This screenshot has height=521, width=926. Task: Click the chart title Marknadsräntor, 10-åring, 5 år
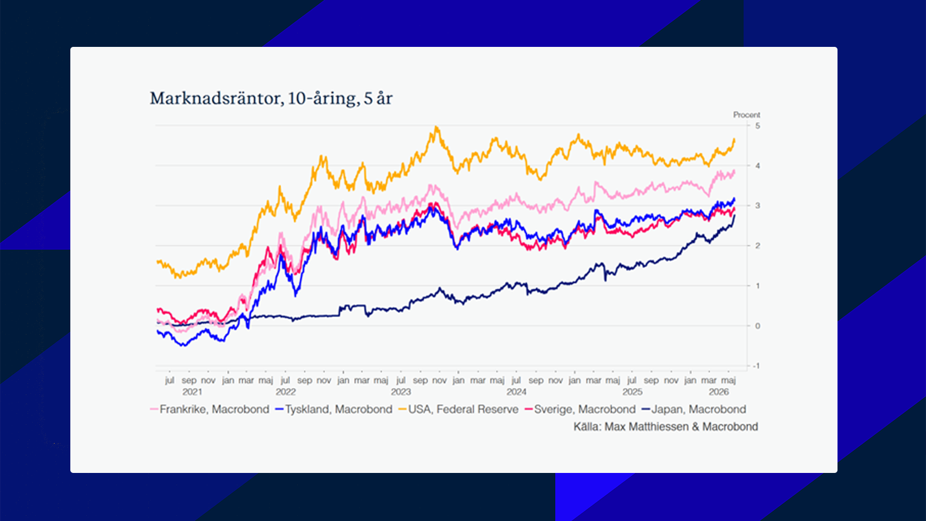click(271, 99)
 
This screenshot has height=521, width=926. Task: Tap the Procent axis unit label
click(746, 115)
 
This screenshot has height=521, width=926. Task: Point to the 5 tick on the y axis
click(757, 125)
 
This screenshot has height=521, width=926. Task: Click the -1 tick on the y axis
click(757, 366)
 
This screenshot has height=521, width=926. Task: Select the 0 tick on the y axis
click(757, 326)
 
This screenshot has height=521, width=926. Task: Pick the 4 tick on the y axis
click(757, 166)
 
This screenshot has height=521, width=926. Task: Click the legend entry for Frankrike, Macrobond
click(210, 409)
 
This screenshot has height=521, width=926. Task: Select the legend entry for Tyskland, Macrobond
click(333, 409)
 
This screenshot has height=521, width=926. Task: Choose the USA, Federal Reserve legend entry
click(458, 409)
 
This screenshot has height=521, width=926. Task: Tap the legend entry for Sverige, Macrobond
click(580, 409)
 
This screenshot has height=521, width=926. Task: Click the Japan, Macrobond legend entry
click(694, 409)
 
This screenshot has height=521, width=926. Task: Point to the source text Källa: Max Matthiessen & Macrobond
click(666, 427)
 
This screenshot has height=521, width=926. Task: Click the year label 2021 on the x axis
click(192, 392)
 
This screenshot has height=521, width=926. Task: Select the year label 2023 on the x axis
click(401, 392)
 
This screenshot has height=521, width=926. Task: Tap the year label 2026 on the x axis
click(719, 392)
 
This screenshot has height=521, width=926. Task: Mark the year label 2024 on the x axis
click(517, 392)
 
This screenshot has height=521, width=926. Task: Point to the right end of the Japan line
click(734, 215)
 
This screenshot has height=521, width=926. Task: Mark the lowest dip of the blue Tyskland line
click(185, 345)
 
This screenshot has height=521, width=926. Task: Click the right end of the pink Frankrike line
click(734, 171)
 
